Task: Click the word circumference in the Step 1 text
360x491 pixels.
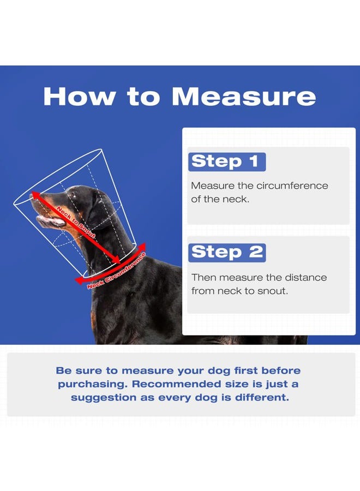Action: [292, 185]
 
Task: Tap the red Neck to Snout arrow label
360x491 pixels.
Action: [76, 223]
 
